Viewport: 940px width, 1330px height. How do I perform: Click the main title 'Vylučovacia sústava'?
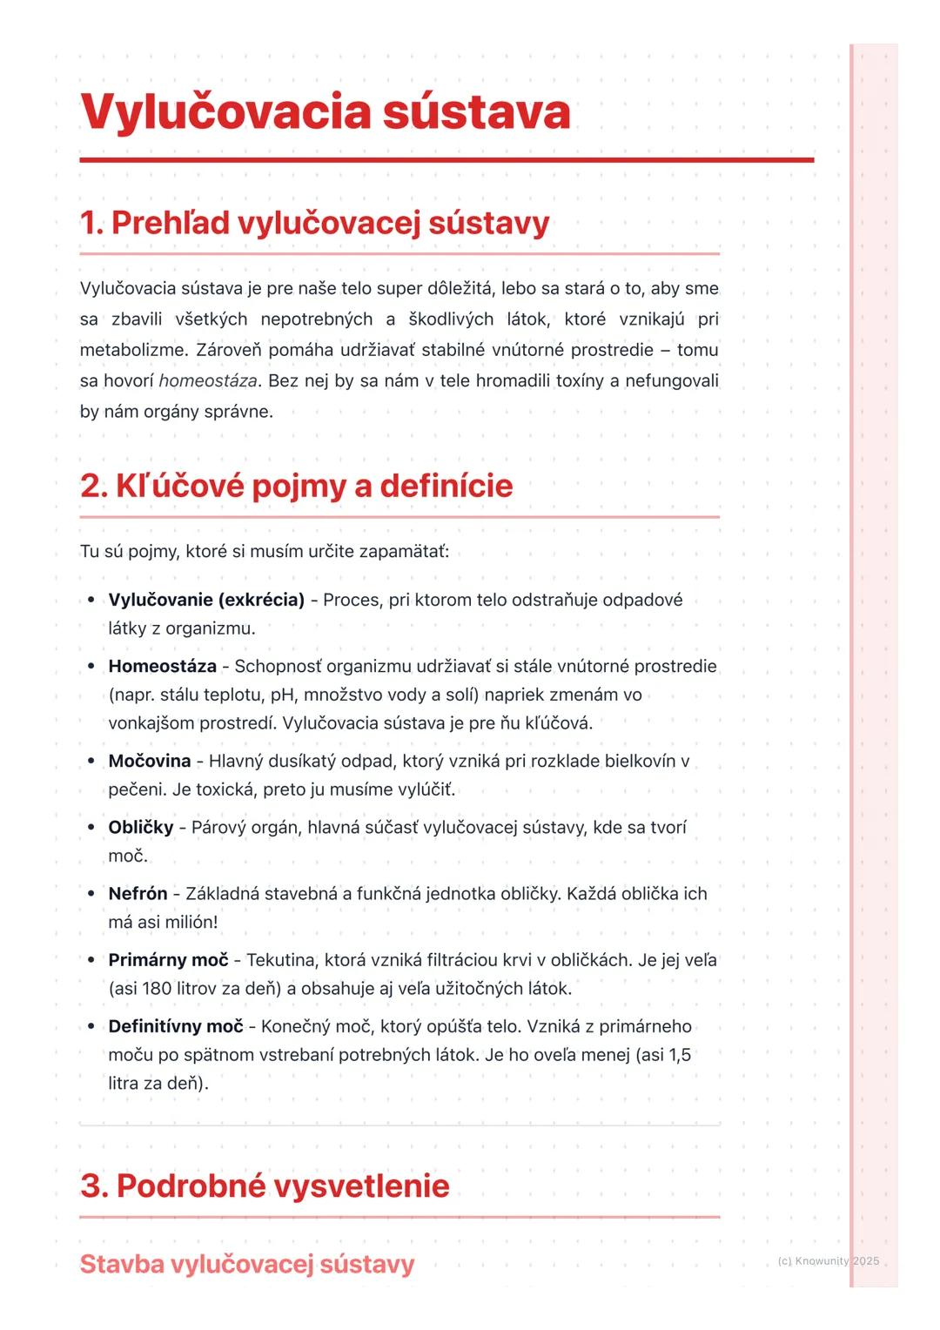325,112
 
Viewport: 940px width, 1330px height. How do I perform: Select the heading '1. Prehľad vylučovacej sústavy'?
314,223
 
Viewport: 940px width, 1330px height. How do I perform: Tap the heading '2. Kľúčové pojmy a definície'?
296,486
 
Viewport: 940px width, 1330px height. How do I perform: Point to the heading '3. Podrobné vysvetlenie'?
265,1186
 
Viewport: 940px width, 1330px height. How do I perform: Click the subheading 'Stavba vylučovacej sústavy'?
246,1264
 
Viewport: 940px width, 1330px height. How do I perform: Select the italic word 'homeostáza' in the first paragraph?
208,381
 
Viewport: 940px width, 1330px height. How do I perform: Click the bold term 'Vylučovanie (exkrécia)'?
206,600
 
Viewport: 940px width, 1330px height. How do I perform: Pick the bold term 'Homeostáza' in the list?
162,667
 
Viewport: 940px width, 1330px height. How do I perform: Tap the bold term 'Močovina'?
149,762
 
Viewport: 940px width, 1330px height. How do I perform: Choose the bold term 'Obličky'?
140,828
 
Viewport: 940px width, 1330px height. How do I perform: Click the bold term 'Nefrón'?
138,894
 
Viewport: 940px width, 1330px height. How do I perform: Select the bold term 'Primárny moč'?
168,960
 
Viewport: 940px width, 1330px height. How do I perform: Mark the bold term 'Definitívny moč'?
175,1027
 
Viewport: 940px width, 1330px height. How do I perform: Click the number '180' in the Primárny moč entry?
157,989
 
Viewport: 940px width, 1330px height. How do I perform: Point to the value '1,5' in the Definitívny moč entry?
679,1055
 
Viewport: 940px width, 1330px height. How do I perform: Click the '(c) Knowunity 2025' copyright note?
828,1261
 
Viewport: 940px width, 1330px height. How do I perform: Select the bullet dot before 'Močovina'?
91,762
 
